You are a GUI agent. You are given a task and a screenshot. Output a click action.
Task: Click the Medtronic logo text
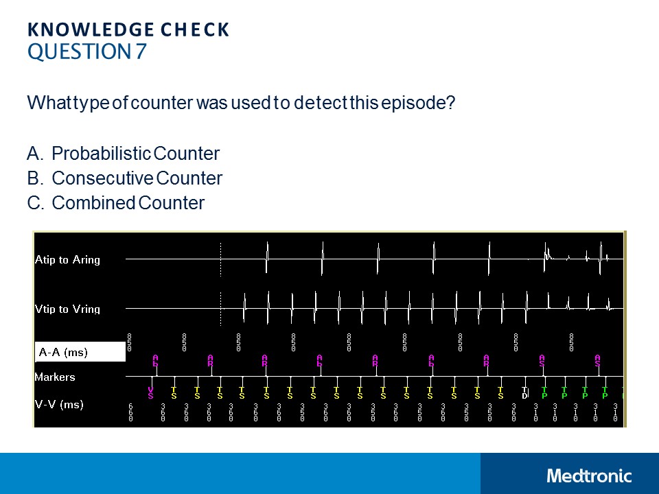pos(589,475)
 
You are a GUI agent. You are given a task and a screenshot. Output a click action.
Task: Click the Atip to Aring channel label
pos(67,260)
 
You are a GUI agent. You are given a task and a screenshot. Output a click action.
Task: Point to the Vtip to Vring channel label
pos(67,309)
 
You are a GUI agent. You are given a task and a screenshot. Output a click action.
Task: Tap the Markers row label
pos(55,377)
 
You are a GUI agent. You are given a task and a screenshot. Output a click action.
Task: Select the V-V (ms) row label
pos(59,405)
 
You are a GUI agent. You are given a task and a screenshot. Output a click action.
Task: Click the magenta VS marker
pos(150,393)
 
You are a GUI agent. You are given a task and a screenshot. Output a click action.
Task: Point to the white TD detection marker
pos(524,393)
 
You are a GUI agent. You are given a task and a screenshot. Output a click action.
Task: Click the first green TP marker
pos(544,393)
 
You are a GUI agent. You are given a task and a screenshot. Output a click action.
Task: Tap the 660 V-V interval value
pos(130,412)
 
